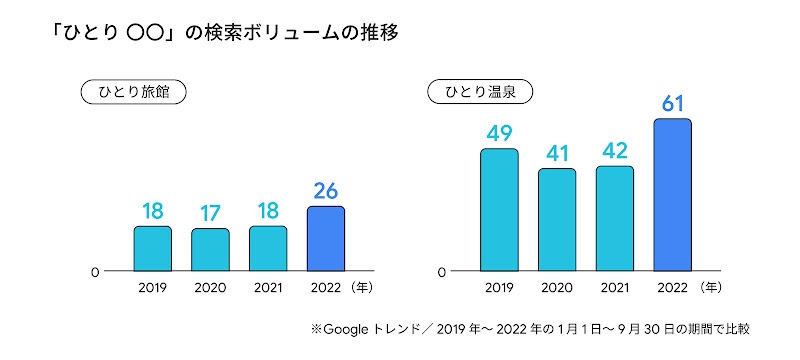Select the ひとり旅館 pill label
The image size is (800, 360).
[x=134, y=92]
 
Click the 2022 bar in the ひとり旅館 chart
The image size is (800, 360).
[x=325, y=239]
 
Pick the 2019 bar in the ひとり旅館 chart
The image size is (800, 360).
[x=153, y=248]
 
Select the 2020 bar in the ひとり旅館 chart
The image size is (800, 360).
[x=210, y=250]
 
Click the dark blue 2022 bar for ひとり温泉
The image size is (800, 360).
[x=672, y=195]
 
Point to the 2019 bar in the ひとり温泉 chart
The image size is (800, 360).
[x=499, y=210]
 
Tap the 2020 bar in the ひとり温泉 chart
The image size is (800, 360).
[x=557, y=220]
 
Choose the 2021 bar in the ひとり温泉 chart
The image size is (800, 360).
[x=615, y=218]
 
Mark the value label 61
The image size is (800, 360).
[x=672, y=103]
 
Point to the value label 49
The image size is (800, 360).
[x=499, y=133]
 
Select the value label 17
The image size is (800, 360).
[x=210, y=213]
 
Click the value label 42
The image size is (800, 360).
[x=615, y=151]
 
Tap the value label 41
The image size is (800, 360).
[x=557, y=153]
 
